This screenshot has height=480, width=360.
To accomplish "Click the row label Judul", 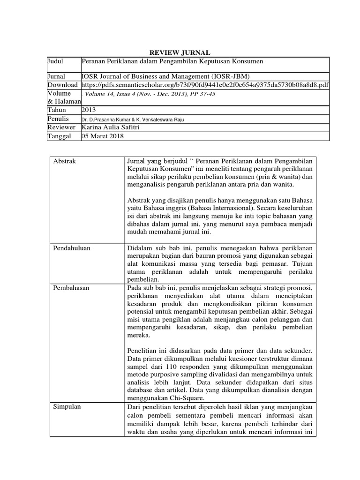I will pyautogui.click(x=56, y=61).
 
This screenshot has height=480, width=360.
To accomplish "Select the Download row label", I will pyautogui.click(x=63, y=85).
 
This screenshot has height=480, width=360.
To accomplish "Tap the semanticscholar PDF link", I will pyautogui.click(x=205, y=85).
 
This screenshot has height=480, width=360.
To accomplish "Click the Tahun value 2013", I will pyautogui.click(x=89, y=110).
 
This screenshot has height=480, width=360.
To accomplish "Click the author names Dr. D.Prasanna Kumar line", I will pyautogui.click(x=133, y=119).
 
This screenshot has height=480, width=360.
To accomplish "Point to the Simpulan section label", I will pyautogui.click(x=67, y=406).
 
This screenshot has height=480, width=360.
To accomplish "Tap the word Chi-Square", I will pyautogui.click(x=179, y=398).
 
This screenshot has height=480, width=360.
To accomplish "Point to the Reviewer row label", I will pyautogui.click(x=61, y=127).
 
